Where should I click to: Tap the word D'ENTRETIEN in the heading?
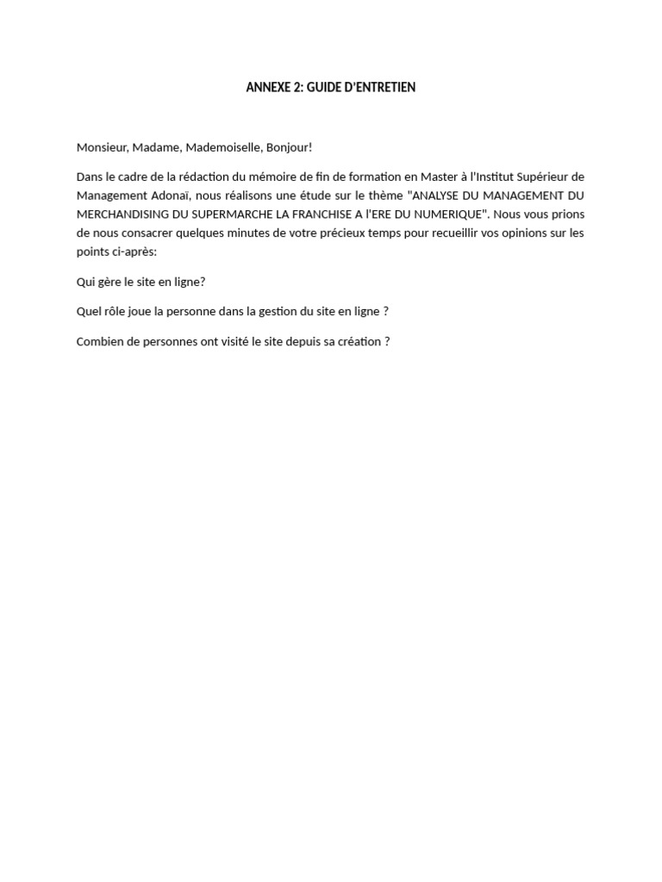[380, 88]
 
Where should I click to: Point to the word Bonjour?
[289, 147]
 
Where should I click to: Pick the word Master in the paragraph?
[440, 177]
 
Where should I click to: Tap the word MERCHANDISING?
[121, 214]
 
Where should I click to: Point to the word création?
[359, 341]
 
